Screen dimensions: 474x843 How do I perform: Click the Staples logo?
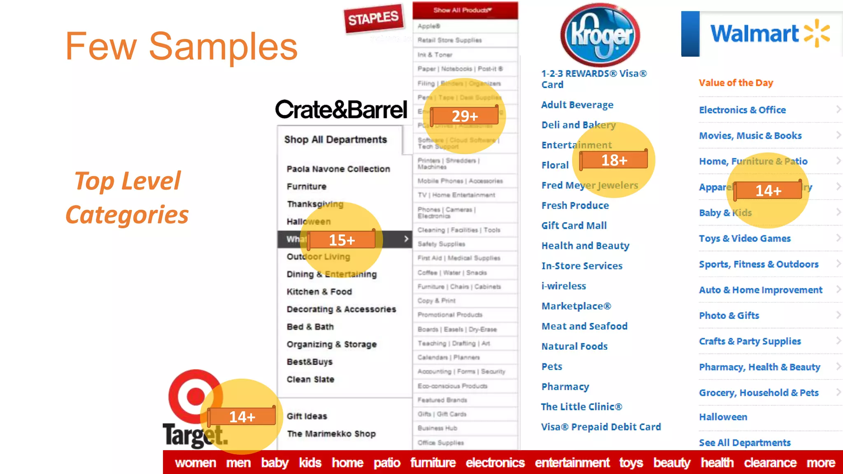click(373, 18)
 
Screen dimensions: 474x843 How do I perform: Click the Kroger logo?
click(600, 35)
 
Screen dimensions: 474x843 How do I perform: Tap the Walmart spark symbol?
click(817, 33)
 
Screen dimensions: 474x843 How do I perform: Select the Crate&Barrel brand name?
click(341, 110)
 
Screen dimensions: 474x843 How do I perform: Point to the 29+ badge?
click(464, 116)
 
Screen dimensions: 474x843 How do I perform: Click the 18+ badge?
click(614, 160)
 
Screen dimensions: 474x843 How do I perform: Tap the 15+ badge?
click(342, 240)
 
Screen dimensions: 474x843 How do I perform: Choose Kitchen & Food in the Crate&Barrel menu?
click(319, 292)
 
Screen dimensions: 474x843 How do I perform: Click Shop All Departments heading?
click(335, 140)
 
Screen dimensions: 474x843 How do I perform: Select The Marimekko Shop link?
click(331, 434)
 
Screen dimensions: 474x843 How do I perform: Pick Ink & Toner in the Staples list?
click(435, 55)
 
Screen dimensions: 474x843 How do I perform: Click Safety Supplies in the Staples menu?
click(441, 244)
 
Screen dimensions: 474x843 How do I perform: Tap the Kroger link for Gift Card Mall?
click(574, 225)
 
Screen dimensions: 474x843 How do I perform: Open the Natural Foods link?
click(574, 346)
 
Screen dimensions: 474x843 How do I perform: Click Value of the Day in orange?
click(736, 83)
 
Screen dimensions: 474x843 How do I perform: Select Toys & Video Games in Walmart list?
click(745, 239)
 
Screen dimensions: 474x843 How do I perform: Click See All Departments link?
click(745, 443)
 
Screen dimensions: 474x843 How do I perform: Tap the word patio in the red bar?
click(387, 463)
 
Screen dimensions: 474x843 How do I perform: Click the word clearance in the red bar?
click(770, 463)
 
